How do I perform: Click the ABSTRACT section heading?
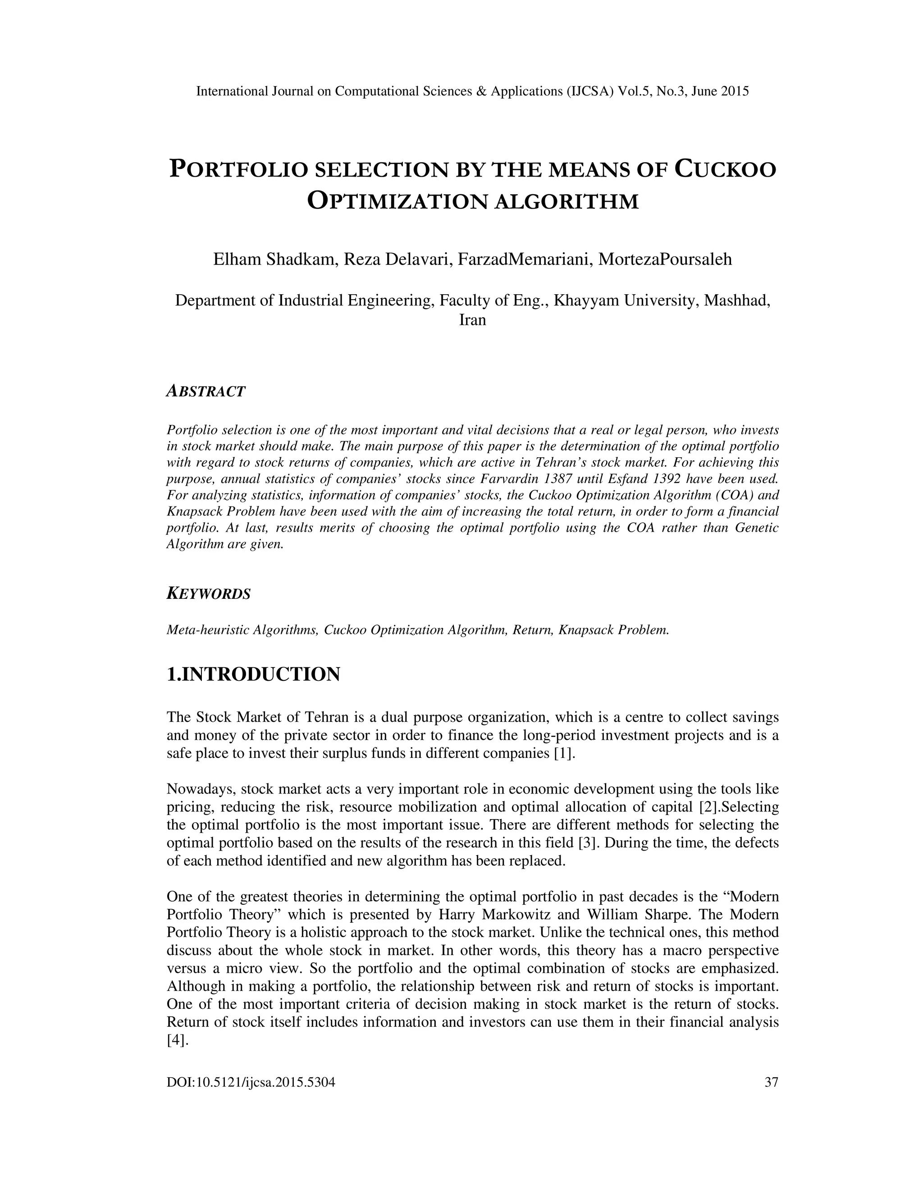206,392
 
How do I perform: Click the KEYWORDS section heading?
208,594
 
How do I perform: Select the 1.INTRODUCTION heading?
253,674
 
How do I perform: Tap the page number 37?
771,1082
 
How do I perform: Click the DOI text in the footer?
251,1082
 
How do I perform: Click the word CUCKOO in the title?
725,169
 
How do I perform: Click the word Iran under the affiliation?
472,320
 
